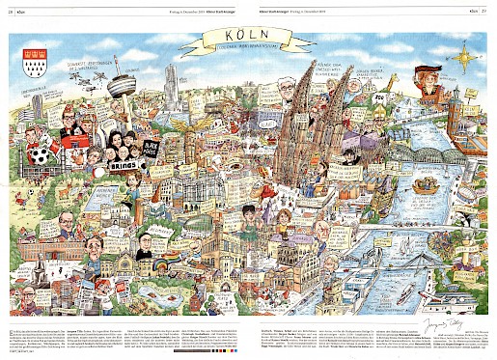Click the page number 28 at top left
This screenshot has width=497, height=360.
point(13,12)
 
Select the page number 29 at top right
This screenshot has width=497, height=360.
point(484,12)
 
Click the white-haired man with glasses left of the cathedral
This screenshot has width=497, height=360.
point(287,92)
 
